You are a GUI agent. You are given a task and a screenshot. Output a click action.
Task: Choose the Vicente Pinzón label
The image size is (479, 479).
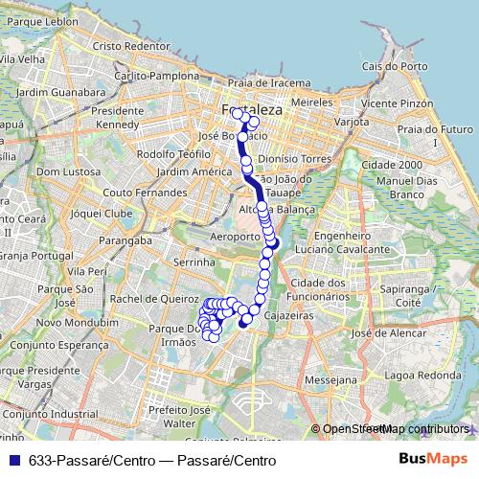point(393,103)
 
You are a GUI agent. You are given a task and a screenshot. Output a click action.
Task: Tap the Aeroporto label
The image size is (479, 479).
point(235,236)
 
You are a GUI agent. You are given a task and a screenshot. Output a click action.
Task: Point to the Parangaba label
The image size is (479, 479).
point(127,240)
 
